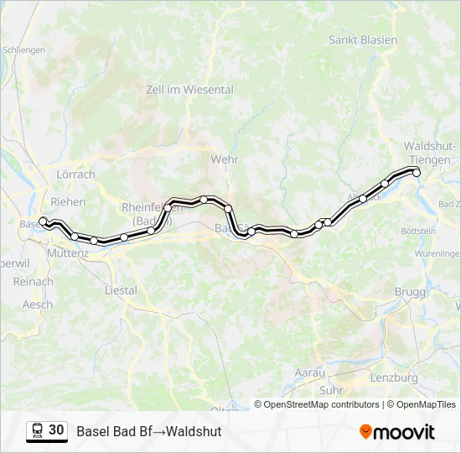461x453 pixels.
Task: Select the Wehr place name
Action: tap(225, 159)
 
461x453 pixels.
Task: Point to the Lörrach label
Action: tap(75, 174)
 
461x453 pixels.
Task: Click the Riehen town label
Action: tap(68, 201)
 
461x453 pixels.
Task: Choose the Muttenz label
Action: tap(68, 252)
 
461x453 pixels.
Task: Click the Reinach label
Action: tap(34, 282)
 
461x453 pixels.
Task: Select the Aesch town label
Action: tap(37, 305)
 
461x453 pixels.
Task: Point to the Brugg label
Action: tap(410, 291)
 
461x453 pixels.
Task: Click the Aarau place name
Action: tap(309, 372)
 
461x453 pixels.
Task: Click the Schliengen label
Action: tap(23, 50)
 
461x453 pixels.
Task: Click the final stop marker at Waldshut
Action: tap(417, 173)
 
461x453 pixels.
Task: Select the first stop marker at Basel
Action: tap(44, 221)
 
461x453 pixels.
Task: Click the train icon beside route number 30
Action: tap(37, 431)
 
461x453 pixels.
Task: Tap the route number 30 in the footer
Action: tap(56, 430)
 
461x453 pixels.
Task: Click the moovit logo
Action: tap(397, 432)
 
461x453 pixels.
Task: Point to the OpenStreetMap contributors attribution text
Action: tap(322, 404)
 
